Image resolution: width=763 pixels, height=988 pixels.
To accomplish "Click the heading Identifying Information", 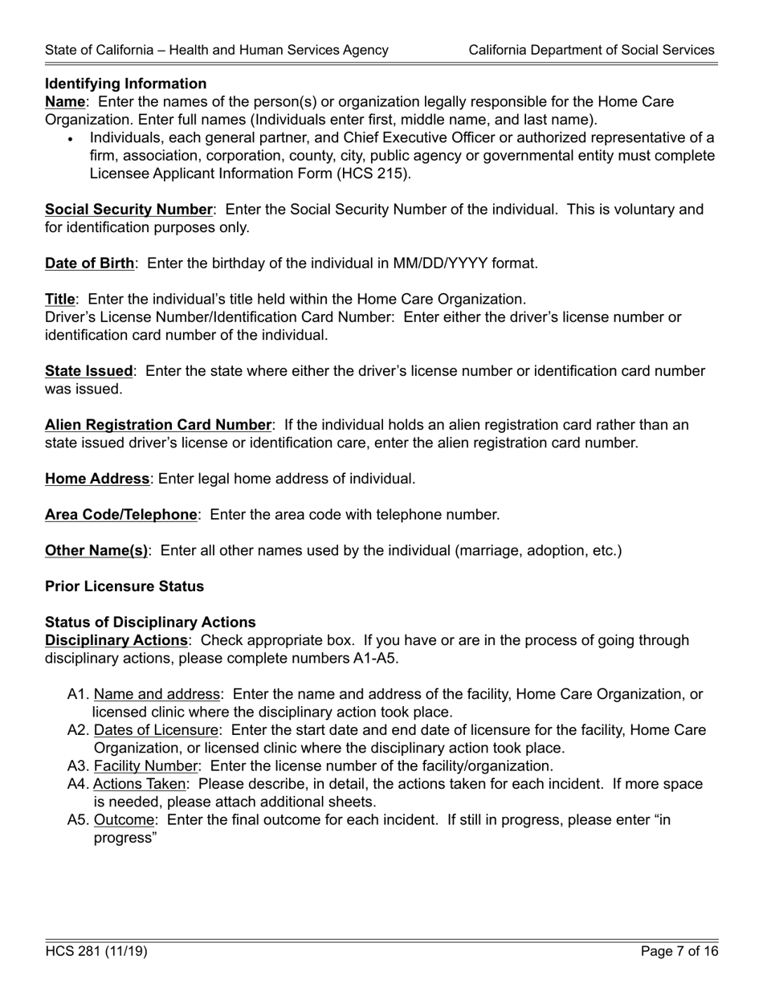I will [125, 84].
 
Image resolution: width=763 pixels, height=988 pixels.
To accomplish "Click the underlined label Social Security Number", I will [129, 210].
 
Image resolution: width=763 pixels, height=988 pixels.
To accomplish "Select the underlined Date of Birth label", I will [89, 263].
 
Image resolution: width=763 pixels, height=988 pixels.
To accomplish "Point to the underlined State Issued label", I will [88, 371].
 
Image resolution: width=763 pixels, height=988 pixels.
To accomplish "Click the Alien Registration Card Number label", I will [158, 425].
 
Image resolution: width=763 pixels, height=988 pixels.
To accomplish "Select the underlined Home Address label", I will [97, 479].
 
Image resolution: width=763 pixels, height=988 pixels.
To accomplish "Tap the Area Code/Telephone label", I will [120, 515].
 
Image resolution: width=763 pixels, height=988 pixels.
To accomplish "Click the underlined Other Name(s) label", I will [96, 551].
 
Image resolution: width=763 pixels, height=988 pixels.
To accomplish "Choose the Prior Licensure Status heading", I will [124, 586].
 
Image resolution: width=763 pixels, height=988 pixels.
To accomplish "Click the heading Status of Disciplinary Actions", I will [150, 623].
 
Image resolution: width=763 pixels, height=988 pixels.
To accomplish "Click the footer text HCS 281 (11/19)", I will [96, 952].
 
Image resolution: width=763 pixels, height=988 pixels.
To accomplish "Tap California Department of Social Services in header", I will [591, 50].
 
